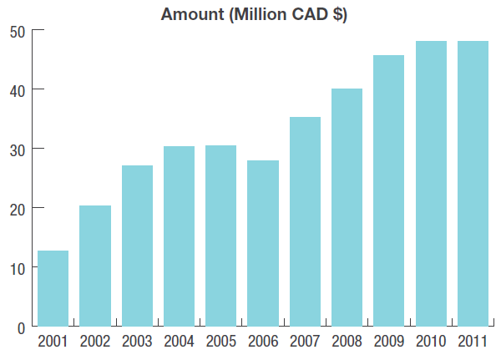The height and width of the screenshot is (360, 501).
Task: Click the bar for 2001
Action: [x=53, y=288]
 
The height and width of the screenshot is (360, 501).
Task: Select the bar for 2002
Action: [x=95, y=266]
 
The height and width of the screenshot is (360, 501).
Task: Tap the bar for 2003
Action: [x=137, y=246]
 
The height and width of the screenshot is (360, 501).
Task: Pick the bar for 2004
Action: [x=179, y=236]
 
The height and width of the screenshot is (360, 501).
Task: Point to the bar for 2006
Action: [x=263, y=243]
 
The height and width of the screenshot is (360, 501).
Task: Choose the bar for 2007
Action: [x=305, y=221]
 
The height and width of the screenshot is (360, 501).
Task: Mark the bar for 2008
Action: [x=347, y=207]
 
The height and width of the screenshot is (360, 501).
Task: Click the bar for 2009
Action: [x=388, y=190]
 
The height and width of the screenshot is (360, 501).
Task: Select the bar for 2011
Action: [x=473, y=184]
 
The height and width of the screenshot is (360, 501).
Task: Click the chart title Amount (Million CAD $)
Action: [x=254, y=13]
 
